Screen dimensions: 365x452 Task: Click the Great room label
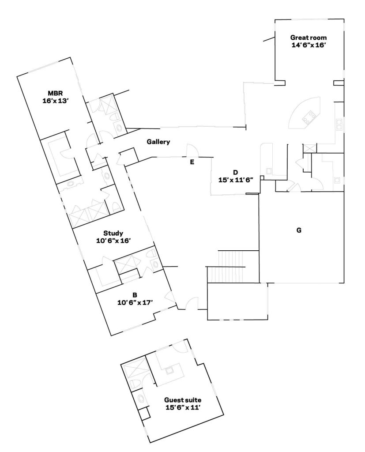pos(308,38)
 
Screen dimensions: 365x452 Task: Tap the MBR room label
pos(55,93)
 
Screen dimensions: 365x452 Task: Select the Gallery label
pos(158,142)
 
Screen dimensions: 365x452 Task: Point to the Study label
pos(113,233)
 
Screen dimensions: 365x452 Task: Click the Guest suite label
pos(183,400)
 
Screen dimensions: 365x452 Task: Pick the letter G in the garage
pos(299,230)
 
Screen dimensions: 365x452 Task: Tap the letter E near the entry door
pos(192,162)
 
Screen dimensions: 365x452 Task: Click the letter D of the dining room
pos(236,173)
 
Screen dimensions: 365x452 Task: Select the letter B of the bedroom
pos(135,295)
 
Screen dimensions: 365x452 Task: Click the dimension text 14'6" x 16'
pos(309,45)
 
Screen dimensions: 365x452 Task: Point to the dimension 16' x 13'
pos(55,101)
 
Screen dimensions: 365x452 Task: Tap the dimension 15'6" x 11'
pos(183,407)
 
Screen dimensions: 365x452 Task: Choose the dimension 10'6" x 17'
pos(135,303)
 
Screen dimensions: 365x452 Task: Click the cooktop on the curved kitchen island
pos(308,117)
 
